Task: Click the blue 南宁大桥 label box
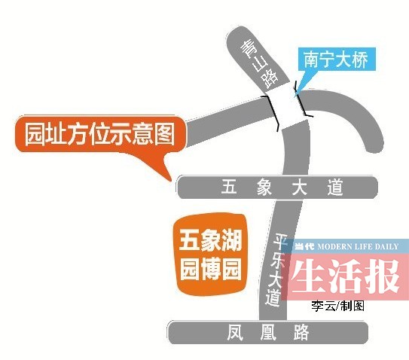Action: (337, 59)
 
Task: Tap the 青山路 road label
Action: (259, 64)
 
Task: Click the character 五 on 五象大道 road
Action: (229, 186)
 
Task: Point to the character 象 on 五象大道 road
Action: (264, 187)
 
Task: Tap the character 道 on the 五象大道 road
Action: (335, 188)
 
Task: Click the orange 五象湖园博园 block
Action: (211, 255)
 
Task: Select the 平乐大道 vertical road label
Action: (276, 270)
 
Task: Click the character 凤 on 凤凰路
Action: (235, 332)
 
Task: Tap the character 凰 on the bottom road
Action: (268, 332)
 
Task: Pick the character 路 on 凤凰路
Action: (301, 332)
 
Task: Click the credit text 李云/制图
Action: (337, 306)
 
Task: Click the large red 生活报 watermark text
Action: (346, 276)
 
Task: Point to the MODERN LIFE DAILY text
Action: (358, 246)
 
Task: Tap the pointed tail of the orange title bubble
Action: (171, 180)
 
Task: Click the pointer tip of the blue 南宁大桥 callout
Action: (295, 96)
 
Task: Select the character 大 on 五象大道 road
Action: (300, 187)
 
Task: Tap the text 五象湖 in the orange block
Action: (210, 240)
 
